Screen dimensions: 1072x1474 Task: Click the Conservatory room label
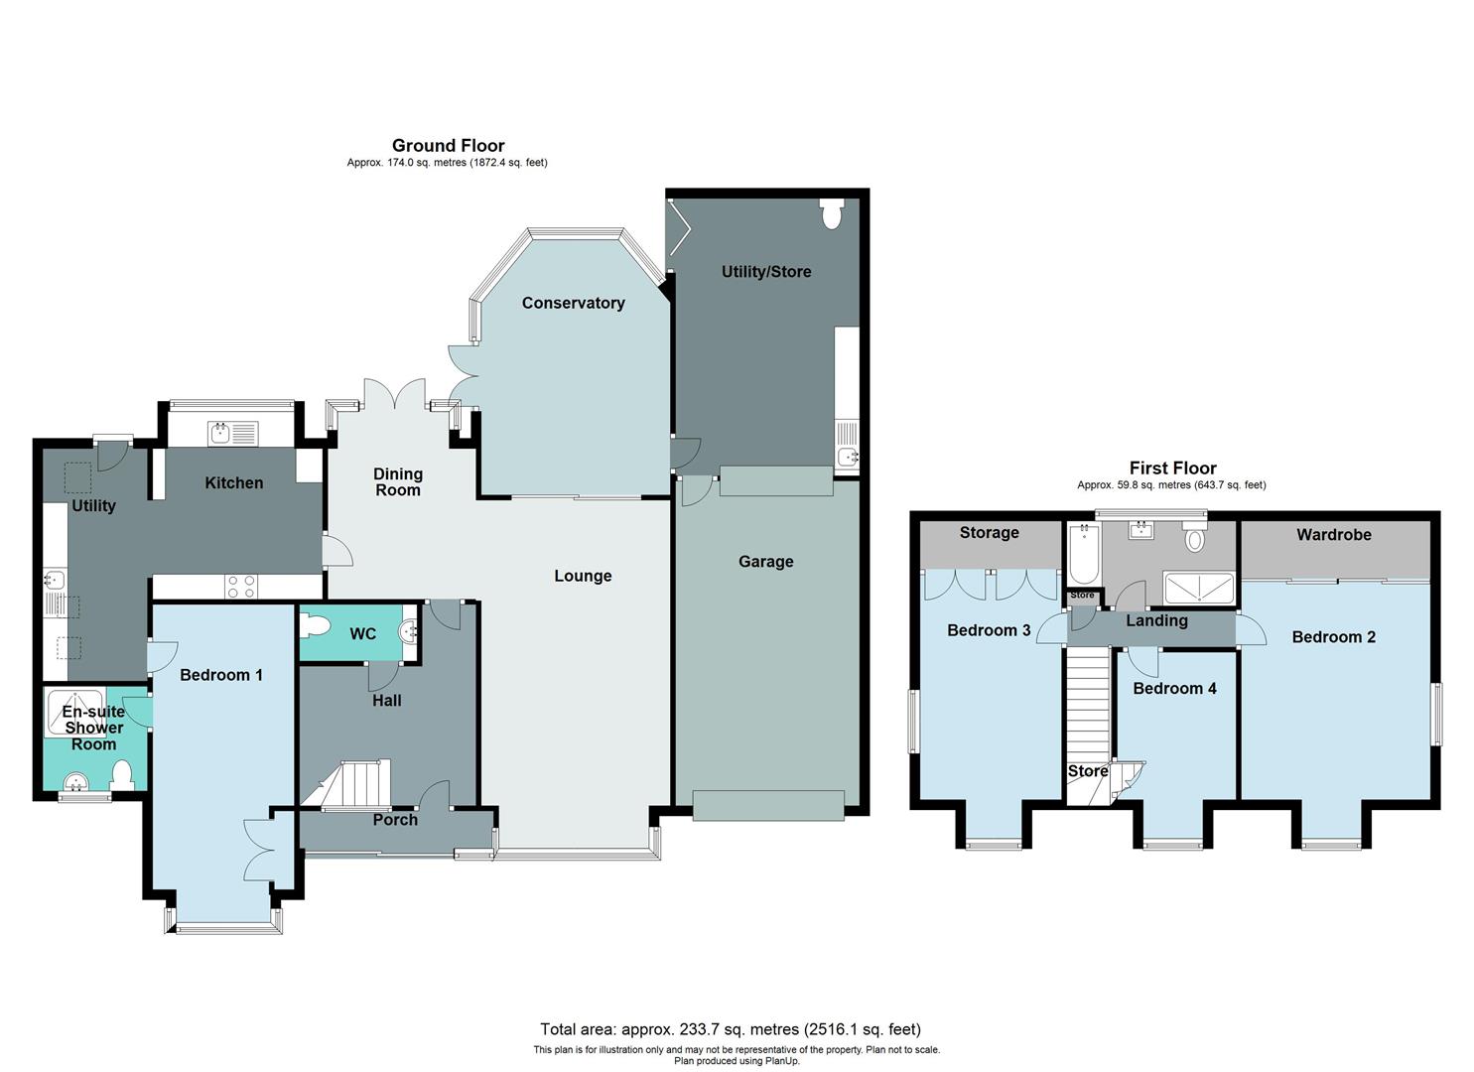[573, 303]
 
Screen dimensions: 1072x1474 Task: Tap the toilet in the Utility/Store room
[832, 213]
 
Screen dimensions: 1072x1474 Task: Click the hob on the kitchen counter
[241, 587]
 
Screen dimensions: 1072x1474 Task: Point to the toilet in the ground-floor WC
[317, 626]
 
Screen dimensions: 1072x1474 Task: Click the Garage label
[765, 562]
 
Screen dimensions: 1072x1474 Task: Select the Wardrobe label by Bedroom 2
[1333, 535]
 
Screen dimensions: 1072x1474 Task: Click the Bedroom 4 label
[1174, 688]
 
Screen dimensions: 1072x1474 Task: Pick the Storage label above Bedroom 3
[989, 533]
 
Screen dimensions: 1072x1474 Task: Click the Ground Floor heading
[448, 146]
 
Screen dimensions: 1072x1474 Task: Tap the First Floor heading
[1172, 468]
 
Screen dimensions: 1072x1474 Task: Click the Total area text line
[730, 1029]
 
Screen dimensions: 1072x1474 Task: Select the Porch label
[395, 820]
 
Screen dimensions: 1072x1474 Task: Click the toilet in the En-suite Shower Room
[123, 774]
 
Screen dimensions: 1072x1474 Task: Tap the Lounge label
[583, 576]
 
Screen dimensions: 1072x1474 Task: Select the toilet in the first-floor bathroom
[1194, 539]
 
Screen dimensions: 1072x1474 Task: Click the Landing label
[1156, 620]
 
